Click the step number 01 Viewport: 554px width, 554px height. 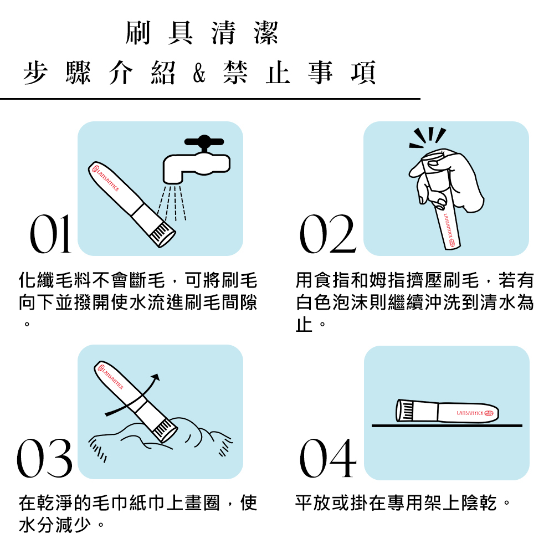pyautogui.click(x=50, y=234)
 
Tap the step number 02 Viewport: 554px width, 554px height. pyautogui.click(x=327, y=234)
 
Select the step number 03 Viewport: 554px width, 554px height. pyautogui.click(x=44, y=458)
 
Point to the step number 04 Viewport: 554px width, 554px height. pyautogui.click(x=327, y=458)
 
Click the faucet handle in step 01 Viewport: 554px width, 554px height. pyautogui.click(x=204, y=142)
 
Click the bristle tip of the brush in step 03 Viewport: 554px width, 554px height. pyautogui.click(x=165, y=430)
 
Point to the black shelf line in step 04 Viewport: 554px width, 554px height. pyautogui.click(x=447, y=425)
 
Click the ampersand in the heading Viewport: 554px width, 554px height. pyautogui.click(x=199, y=74)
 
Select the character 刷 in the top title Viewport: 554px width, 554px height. pyautogui.click(x=138, y=33)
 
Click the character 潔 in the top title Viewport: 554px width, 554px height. pyautogui.click(x=266, y=33)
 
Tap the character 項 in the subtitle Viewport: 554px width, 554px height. pyautogui.click(x=363, y=73)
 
